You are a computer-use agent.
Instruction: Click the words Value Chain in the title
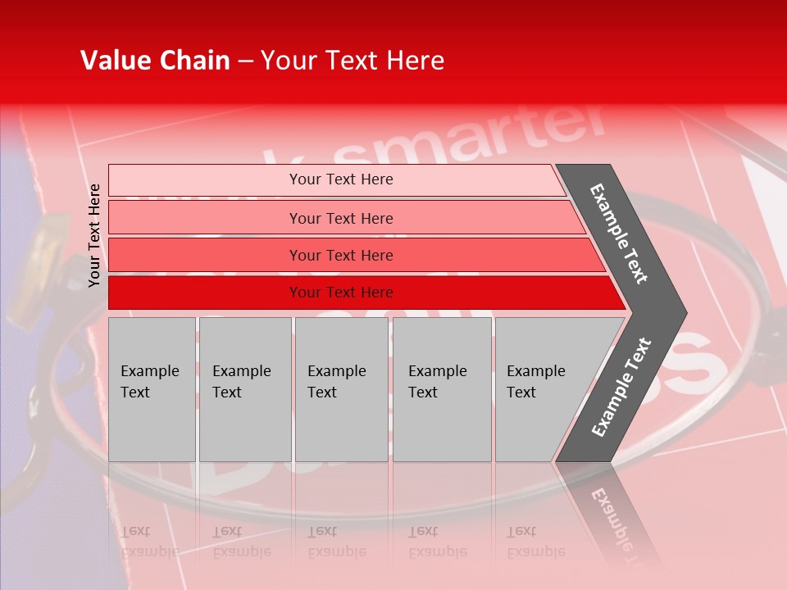click(x=155, y=61)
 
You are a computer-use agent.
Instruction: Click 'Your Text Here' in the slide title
click(x=353, y=61)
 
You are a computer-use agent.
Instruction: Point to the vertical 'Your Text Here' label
click(x=95, y=236)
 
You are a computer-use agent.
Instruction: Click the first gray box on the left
click(x=152, y=389)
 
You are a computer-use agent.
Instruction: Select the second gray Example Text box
click(x=244, y=389)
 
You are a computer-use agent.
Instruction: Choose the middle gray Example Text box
click(x=341, y=389)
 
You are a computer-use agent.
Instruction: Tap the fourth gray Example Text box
click(x=442, y=389)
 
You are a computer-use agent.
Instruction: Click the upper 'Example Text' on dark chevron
click(x=619, y=234)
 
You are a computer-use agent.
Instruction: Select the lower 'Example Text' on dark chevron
click(x=621, y=388)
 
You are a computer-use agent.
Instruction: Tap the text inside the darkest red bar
click(x=341, y=293)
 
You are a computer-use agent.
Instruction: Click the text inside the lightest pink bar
click(x=341, y=179)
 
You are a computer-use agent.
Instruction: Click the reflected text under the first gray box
click(x=150, y=541)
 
